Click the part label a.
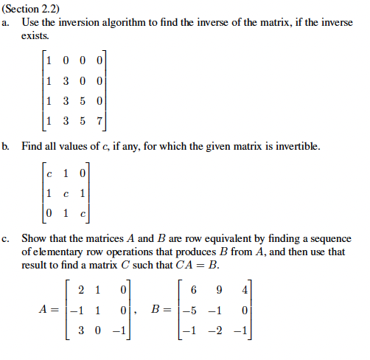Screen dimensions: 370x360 point(6,23)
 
